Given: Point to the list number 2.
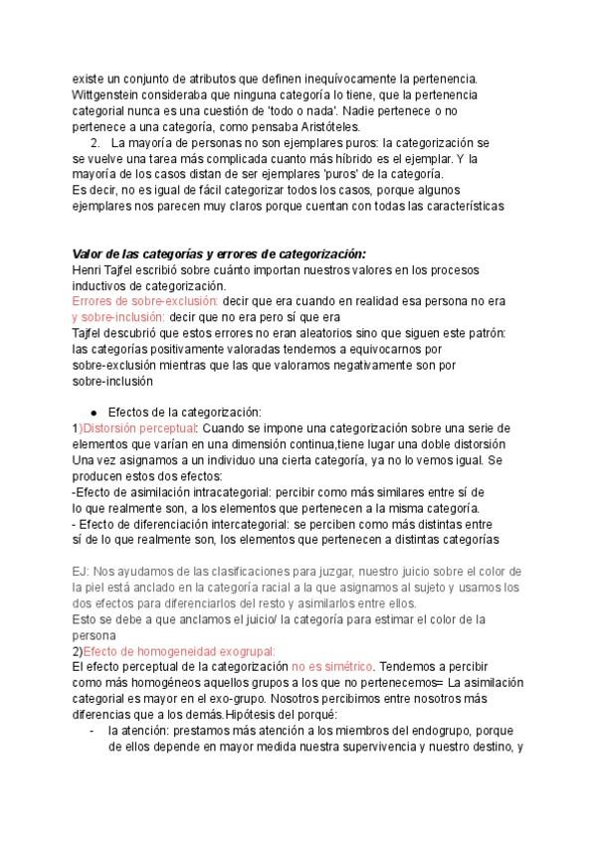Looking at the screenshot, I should coord(95,142).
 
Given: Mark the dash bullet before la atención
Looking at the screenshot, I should coord(92,731).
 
